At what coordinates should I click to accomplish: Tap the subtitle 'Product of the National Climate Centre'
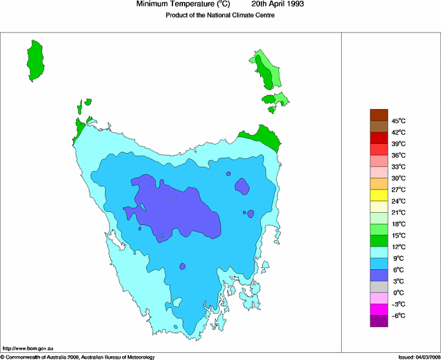point(220,15)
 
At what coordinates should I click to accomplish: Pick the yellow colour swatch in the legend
point(379,195)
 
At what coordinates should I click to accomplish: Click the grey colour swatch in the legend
point(379,286)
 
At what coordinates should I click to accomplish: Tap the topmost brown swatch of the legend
point(379,115)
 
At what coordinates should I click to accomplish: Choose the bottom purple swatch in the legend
point(379,320)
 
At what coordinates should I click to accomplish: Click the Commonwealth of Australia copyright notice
point(78,357)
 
